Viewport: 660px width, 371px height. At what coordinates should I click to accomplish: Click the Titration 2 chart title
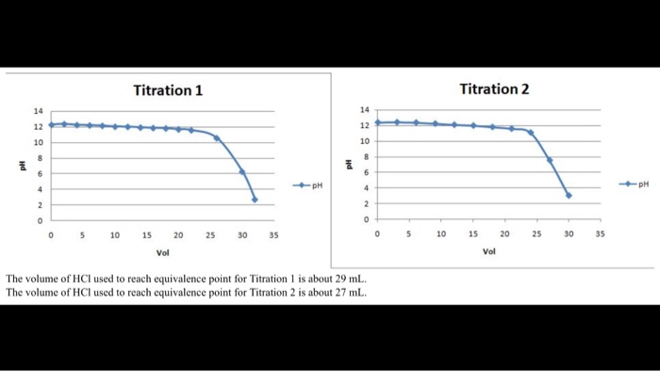pos(494,89)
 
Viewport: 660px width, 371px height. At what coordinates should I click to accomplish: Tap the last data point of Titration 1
pos(255,199)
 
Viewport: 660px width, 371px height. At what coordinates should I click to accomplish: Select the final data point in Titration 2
pos(569,195)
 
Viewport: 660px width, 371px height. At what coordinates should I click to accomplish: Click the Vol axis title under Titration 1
pos(163,253)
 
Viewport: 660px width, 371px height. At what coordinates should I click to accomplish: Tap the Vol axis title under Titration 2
pos(488,251)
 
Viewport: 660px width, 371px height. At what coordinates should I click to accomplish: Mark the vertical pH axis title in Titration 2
pos(350,164)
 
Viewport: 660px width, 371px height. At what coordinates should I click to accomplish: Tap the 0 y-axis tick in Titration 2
pos(365,218)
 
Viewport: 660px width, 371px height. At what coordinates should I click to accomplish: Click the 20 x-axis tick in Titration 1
pos(178,235)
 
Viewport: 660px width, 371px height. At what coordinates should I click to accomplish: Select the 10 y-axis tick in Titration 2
pos(363,141)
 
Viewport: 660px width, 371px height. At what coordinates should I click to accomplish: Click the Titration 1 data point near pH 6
pos(242,171)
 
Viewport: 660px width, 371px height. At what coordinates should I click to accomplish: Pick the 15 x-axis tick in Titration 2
pos(473,234)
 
